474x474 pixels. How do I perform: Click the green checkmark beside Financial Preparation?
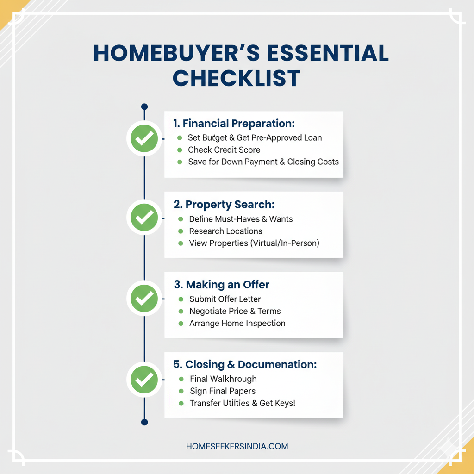tap(144, 138)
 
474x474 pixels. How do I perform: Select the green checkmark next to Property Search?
tap(144, 218)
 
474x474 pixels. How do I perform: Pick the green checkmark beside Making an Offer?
tap(144, 299)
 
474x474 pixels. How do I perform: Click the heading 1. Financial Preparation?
tap(234, 124)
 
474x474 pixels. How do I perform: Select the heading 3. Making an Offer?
tap(221, 285)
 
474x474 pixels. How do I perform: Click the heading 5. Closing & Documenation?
tap(245, 364)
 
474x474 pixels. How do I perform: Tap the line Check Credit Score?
tap(224, 150)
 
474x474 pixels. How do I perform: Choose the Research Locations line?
tap(225, 231)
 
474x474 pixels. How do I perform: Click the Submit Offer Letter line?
tap(225, 299)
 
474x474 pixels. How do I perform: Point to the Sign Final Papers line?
tap(222, 391)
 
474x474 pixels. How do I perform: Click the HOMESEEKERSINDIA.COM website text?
tap(237, 446)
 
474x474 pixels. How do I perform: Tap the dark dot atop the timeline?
tap(144, 106)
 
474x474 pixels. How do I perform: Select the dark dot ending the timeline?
tap(144, 422)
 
